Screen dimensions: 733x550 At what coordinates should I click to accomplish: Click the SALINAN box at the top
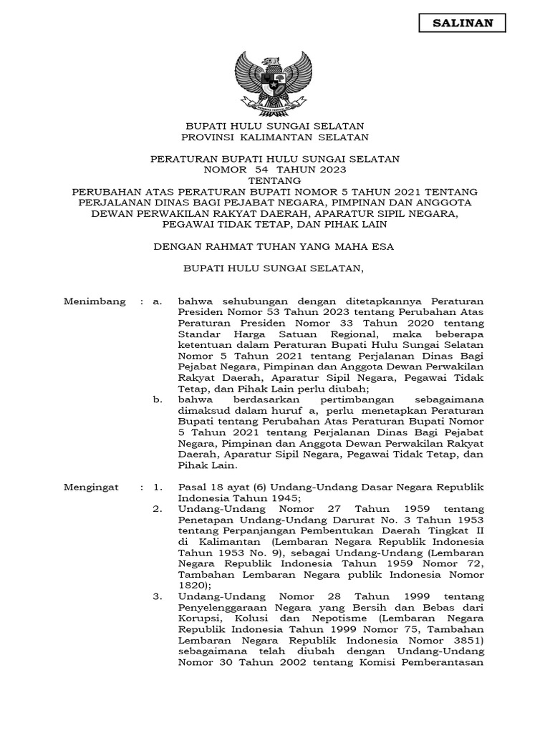pyautogui.click(x=462, y=24)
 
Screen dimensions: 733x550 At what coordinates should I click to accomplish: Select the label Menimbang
pyautogui.click(x=95, y=302)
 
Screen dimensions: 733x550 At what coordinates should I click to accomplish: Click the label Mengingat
pyautogui.click(x=93, y=487)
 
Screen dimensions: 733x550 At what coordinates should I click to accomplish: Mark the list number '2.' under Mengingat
pyautogui.click(x=158, y=509)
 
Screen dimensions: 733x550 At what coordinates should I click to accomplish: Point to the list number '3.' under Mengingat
pyautogui.click(x=158, y=596)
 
